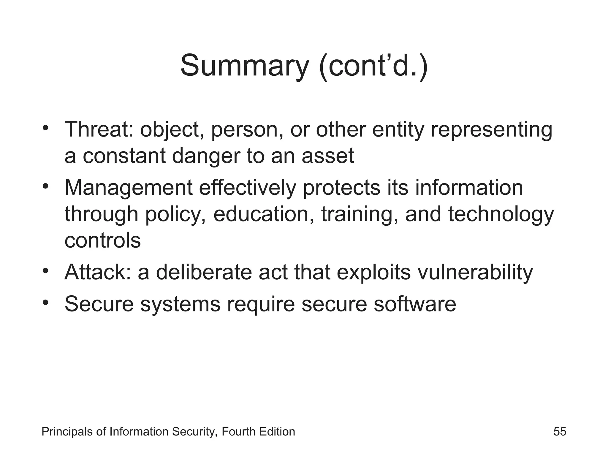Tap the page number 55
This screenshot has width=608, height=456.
(x=560, y=431)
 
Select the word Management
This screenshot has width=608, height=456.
(x=128, y=188)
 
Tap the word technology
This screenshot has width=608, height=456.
(x=501, y=214)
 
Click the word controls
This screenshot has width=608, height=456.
(x=102, y=240)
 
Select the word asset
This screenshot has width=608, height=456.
(x=328, y=156)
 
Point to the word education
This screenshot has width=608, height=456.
(x=261, y=214)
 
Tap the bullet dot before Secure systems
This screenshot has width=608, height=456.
(x=45, y=303)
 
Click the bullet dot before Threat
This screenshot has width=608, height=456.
(x=45, y=128)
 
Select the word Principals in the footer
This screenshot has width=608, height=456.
(x=67, y=431)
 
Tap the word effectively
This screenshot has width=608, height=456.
(x=247, y=188)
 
